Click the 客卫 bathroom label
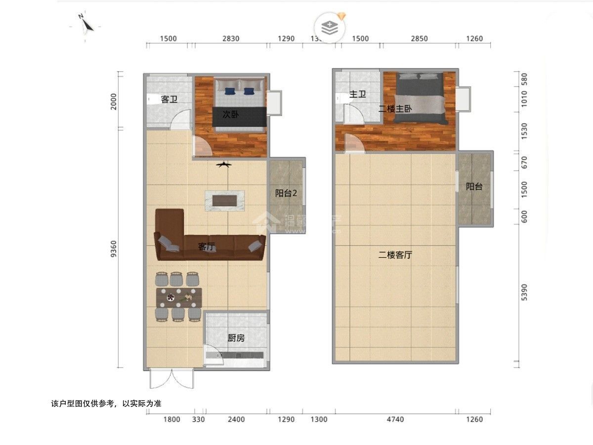pyautogui.click(x=169, y=100)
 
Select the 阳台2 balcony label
pyautogui.click(x=286, y=193)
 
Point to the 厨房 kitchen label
pyautogui.click(x=236, y=338)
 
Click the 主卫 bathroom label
pyautogui.click(x=357, y=94)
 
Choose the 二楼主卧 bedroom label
pyautogui.click(x=395, y=108)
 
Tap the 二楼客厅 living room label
pyautogui.click(x=395, y=255)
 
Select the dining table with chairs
pyautogui.click(x=179, y=298)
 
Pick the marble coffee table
pyautogui.click(x=225, y=200)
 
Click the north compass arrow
pyautogui.click(x=85, y=23)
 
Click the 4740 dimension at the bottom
pyautogui.click(x=395, y=419)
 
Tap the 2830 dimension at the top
pyautogui.click(x=231, y=39)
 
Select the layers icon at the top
pyautogui.click(x=330, y=28)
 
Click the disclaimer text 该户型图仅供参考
pyautogui.click(x=106, y=403)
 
